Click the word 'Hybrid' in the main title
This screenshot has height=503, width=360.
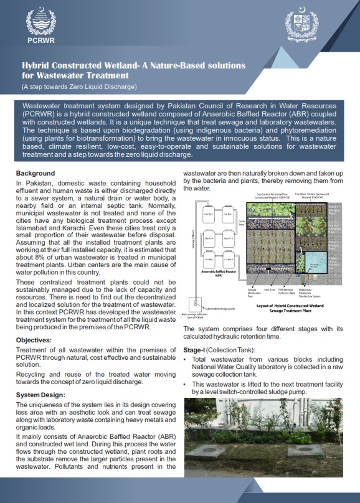[x=39, y=65]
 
